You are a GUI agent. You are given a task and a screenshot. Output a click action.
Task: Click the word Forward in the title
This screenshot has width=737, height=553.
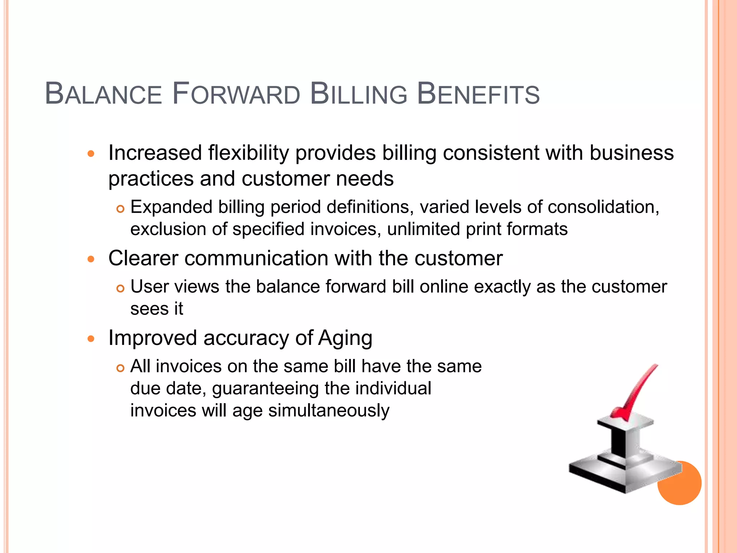coord(236,94)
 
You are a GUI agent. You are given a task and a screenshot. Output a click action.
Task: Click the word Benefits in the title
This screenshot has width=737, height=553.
coord(478,94)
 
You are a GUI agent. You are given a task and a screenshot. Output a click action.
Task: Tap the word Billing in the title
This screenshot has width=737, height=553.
coord(358,94)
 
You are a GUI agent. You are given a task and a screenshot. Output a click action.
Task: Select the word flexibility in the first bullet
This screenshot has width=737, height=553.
coord(248,153)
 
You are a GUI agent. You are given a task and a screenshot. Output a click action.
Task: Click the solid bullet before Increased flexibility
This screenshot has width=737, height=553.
coord(91,154)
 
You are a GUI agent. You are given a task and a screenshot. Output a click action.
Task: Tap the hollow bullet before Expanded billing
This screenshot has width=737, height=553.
coord(120,209)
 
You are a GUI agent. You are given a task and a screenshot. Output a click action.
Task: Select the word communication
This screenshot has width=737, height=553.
coord(256,258)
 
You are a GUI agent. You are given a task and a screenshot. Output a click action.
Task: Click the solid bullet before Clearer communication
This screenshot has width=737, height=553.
coord(91,259)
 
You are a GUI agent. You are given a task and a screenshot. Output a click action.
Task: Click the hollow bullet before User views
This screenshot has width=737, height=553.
coord(120,288)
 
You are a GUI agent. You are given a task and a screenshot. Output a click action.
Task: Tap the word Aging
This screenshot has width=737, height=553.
coord(345,338)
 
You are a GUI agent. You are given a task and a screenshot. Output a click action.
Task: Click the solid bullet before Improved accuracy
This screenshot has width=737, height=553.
coord(91,339)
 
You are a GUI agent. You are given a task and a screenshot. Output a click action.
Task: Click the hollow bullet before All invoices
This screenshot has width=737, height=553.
coord(120,368)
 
